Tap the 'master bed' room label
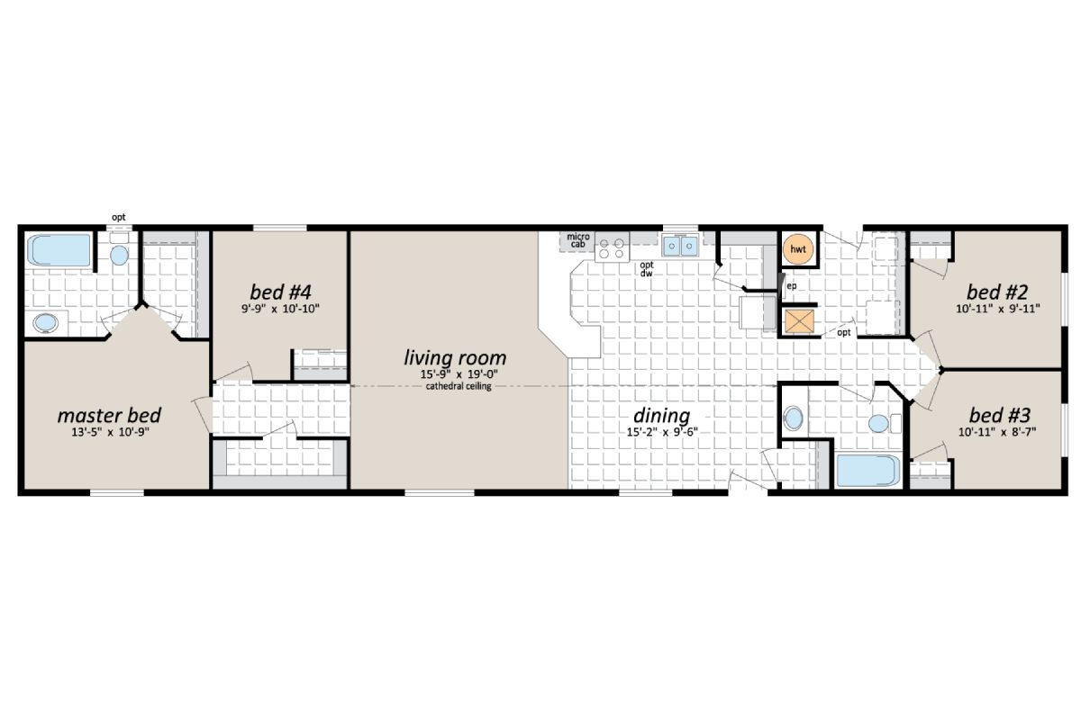click(x=109, y=416)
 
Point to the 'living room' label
click(x=454, y=358)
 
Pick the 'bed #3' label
click(x=998, y=416)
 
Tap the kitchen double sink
click(x=680, y=246)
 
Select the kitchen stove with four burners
click(x=613, y=247)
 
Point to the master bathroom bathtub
click(x=59, y=250)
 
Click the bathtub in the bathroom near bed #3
click(x=868, y=471)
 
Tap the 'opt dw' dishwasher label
click(x=646, y=269)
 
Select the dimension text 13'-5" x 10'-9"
click(x=109, y=433)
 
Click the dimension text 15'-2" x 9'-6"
click(x=662, y=433)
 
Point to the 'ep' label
click(x=791, y=286)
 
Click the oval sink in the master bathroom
click(x=43, y=323)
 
